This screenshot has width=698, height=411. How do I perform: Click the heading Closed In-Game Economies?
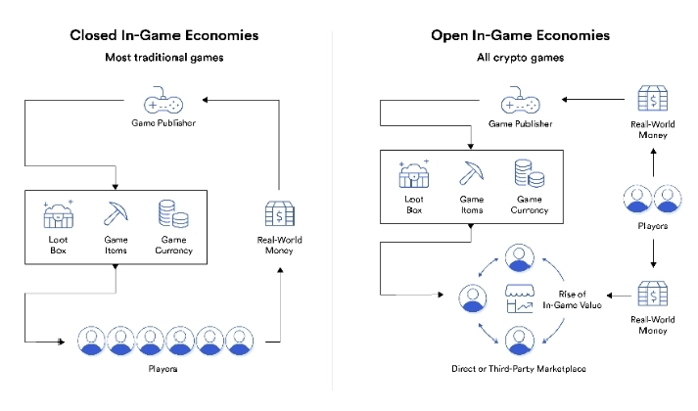[x=163, y=35]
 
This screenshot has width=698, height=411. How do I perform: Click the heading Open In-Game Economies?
[x=520, y=35]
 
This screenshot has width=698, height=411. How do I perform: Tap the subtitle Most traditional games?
[x=163, y=58]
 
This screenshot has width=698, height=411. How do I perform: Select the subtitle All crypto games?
[x=520, y=58]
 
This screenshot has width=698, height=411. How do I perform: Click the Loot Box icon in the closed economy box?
[x=59, y=214]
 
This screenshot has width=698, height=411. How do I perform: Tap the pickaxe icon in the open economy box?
[x=472, y=172]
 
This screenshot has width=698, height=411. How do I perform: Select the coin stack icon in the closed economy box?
[x=173, y=214]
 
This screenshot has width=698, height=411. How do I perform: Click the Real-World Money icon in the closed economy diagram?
[x=280, y=214]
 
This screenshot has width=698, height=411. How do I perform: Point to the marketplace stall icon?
[x=520, y=298]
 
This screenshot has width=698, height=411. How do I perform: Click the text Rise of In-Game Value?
[x=572, y=299]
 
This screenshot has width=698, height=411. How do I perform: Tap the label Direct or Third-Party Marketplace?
[x=519, y=369]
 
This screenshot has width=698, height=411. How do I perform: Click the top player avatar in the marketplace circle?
[x=520, y=257]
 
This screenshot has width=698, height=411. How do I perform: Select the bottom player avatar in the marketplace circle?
[x=520, y=341]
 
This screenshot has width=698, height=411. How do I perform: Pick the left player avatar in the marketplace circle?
[x=473, y=298]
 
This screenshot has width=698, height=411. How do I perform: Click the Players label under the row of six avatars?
[x=163, y=369]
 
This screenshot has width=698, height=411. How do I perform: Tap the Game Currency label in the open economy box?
[x=530, y=205]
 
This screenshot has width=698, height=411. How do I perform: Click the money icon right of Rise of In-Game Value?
[x=653, y=294]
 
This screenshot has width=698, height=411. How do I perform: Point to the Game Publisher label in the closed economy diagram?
[x=163, y=123]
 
